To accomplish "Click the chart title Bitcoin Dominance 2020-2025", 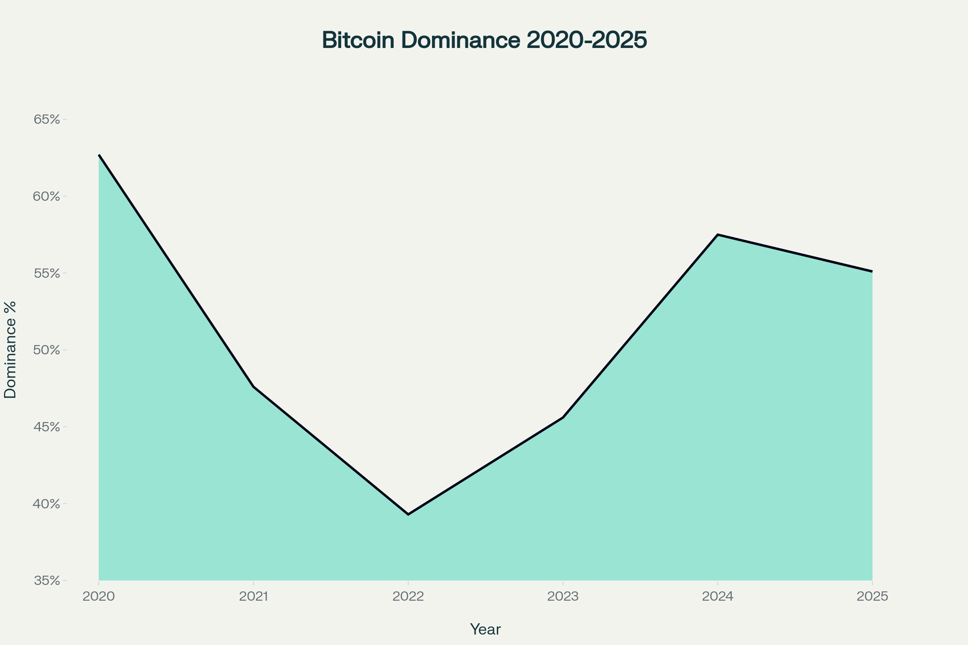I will pos(484,40).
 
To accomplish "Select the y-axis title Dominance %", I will pos(10,350).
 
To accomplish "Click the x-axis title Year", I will pos(485,629).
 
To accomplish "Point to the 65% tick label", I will pos(46,120).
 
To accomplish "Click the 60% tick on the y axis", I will pos(46,197).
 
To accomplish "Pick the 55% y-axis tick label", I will pos(46,274).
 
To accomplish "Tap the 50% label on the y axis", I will pos(46,350).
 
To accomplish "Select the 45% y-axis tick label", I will pos(46,427).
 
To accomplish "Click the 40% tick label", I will pos(46,504).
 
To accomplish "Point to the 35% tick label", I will pos(46,581).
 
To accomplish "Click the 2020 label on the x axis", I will pos(98,597).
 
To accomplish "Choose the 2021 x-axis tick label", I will pos(254,597).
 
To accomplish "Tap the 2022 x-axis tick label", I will pos(408,597).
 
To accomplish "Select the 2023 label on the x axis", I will pos(563,597).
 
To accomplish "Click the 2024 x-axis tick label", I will pos(718,597).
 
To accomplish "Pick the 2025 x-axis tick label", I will pos(872,597).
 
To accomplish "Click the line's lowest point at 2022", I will pos(408,514).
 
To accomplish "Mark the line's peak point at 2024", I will pos(718,235).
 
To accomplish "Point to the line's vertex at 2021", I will pos(254,387).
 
